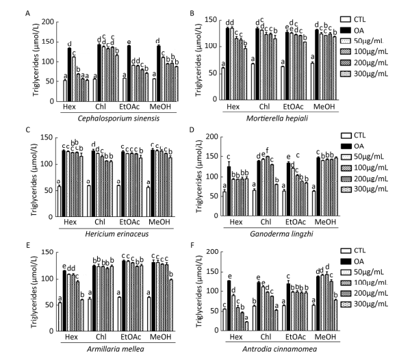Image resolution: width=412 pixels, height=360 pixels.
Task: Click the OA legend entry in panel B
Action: [370, 30]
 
